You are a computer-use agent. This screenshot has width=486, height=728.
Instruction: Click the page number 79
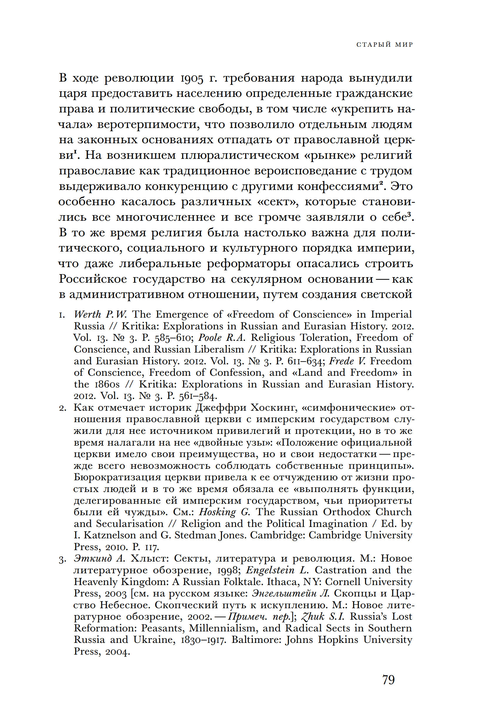[x=388, y=680]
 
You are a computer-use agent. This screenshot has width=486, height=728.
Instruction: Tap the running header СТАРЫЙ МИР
[x=385, y=45]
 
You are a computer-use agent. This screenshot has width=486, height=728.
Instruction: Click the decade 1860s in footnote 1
[x=107, y=384]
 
